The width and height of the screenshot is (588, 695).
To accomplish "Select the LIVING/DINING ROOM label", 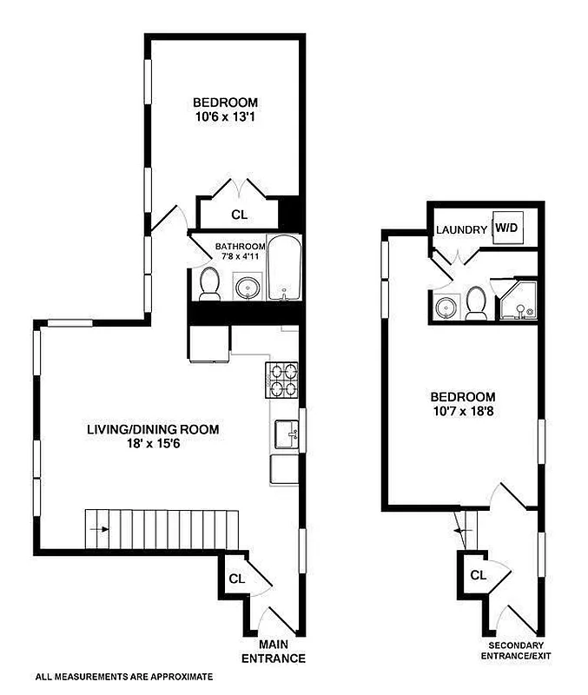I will coord(152,429).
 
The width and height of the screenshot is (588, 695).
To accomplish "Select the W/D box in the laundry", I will coord(505,228).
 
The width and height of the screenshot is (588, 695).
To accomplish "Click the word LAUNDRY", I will coord(461,230).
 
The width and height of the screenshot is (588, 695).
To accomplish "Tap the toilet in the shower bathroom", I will coord(476,302).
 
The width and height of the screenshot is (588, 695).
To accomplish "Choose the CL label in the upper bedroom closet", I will coord(238,215).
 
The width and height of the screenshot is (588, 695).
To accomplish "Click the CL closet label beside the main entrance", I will coord(235,579).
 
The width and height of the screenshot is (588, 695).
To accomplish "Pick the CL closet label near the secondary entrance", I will coord(478,575).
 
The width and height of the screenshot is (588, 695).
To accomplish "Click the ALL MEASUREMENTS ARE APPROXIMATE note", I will coord(123,675).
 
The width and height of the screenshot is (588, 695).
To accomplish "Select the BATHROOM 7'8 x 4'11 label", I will coord(240,251).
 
